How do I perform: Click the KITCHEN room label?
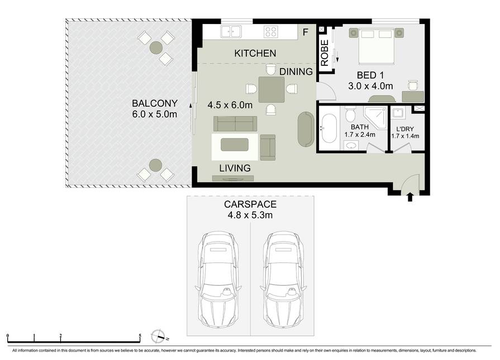click(255, 53)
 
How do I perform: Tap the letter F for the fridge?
click(306, 32)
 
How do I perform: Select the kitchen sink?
click(231, 32)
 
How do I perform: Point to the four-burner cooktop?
click(271, 32)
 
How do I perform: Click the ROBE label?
click(324, 53)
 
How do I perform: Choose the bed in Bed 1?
click(377, 46)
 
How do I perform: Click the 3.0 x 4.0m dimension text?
click(370, 86)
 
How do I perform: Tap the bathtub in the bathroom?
click(329, 128)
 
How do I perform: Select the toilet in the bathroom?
click(350, 113)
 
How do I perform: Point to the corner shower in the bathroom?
click(377, 118)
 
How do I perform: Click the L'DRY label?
click(405, 129)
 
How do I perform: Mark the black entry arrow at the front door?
click(410, 197)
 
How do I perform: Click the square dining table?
click(272, 89)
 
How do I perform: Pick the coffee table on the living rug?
click(235, 145)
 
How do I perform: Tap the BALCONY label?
click(155, 103)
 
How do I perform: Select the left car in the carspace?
click(218, 280)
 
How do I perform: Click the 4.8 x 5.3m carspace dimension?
click(250, 215)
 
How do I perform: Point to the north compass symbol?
click(159, 337)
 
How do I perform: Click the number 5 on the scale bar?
click(140, 335)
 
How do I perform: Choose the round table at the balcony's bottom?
click(156, 165)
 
